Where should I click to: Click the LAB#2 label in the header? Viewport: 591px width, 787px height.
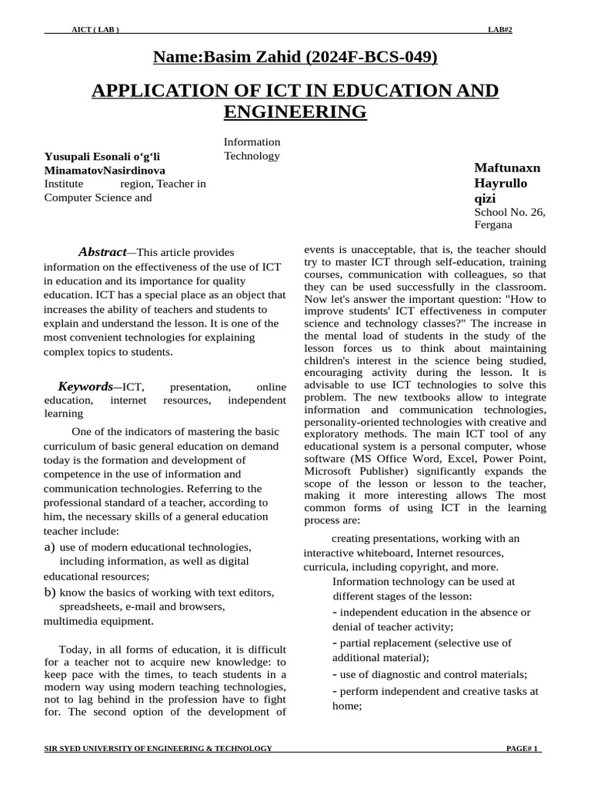tap(499, 29)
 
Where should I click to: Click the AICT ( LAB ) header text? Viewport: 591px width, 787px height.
tap(95, 29)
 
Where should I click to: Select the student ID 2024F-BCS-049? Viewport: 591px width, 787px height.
tap(371, 56)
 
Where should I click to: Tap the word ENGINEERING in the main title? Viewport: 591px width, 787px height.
tap(295, 112)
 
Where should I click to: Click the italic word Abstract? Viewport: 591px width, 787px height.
tap(102, 252)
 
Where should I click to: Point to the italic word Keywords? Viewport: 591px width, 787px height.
tap(85, 386)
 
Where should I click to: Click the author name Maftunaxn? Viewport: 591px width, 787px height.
tap(507, 168)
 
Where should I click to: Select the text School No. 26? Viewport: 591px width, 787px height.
tap(509, 212)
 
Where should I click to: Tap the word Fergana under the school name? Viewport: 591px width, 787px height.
tap(492, 225)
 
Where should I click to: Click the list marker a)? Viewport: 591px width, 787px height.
tap(50, 546)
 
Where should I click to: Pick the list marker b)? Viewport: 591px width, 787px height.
tap(50, 592)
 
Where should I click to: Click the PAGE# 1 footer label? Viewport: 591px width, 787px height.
tap(523, 748)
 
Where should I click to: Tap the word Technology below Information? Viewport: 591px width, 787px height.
tap(252, 156)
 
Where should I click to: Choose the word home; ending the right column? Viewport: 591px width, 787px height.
tap(346, 705)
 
